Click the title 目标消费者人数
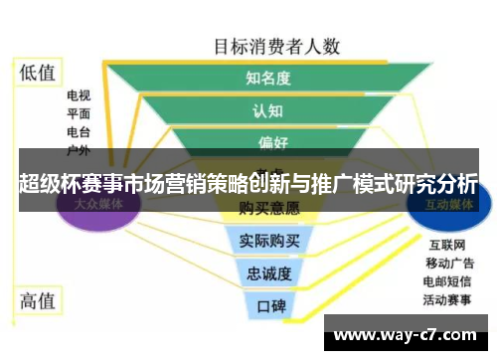tap(277, 46)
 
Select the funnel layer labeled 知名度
tap(267, 78)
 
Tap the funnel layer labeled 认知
tap(267, 110)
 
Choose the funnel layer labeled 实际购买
tap(268, 241)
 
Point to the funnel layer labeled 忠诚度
tap(268, 272)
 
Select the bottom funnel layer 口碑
tap(269, 305)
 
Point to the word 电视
tap(79, 96)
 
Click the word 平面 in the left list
tap(79, 114)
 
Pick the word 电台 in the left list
tap(79, 132)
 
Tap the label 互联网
tap(445, 244)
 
